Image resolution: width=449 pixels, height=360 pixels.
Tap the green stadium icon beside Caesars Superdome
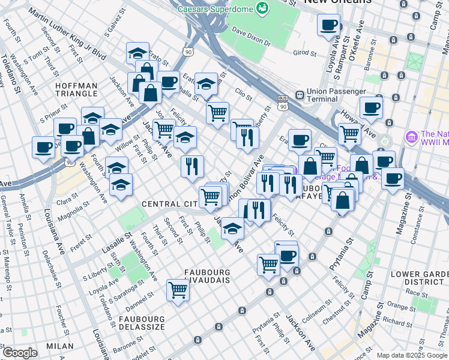pyautogui.click(x=261, y=8)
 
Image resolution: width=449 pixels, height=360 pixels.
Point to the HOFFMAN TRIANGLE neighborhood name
pyautogui.click(x=76, y=90)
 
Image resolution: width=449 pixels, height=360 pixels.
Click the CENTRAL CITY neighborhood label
pyautogui.click(x=169, y=205)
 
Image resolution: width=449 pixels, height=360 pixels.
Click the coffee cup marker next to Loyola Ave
pyautogui.click(x=328, y=25)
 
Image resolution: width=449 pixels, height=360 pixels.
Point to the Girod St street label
pyautogui.click(x=304, y=52)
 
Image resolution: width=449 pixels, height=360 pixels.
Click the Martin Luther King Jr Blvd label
pyautogui.click(x=67, y=36)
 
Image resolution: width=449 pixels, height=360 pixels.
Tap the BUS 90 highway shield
pyautogui.click(x=283, y=102)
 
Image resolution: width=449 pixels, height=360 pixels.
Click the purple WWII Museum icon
pyautogui.click(x=411, y=137)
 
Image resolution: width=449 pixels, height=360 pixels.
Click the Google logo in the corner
pyautogui.click(x=20, y=353)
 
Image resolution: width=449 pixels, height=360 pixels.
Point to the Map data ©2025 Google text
pyautogui.click(x=412, y=355)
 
